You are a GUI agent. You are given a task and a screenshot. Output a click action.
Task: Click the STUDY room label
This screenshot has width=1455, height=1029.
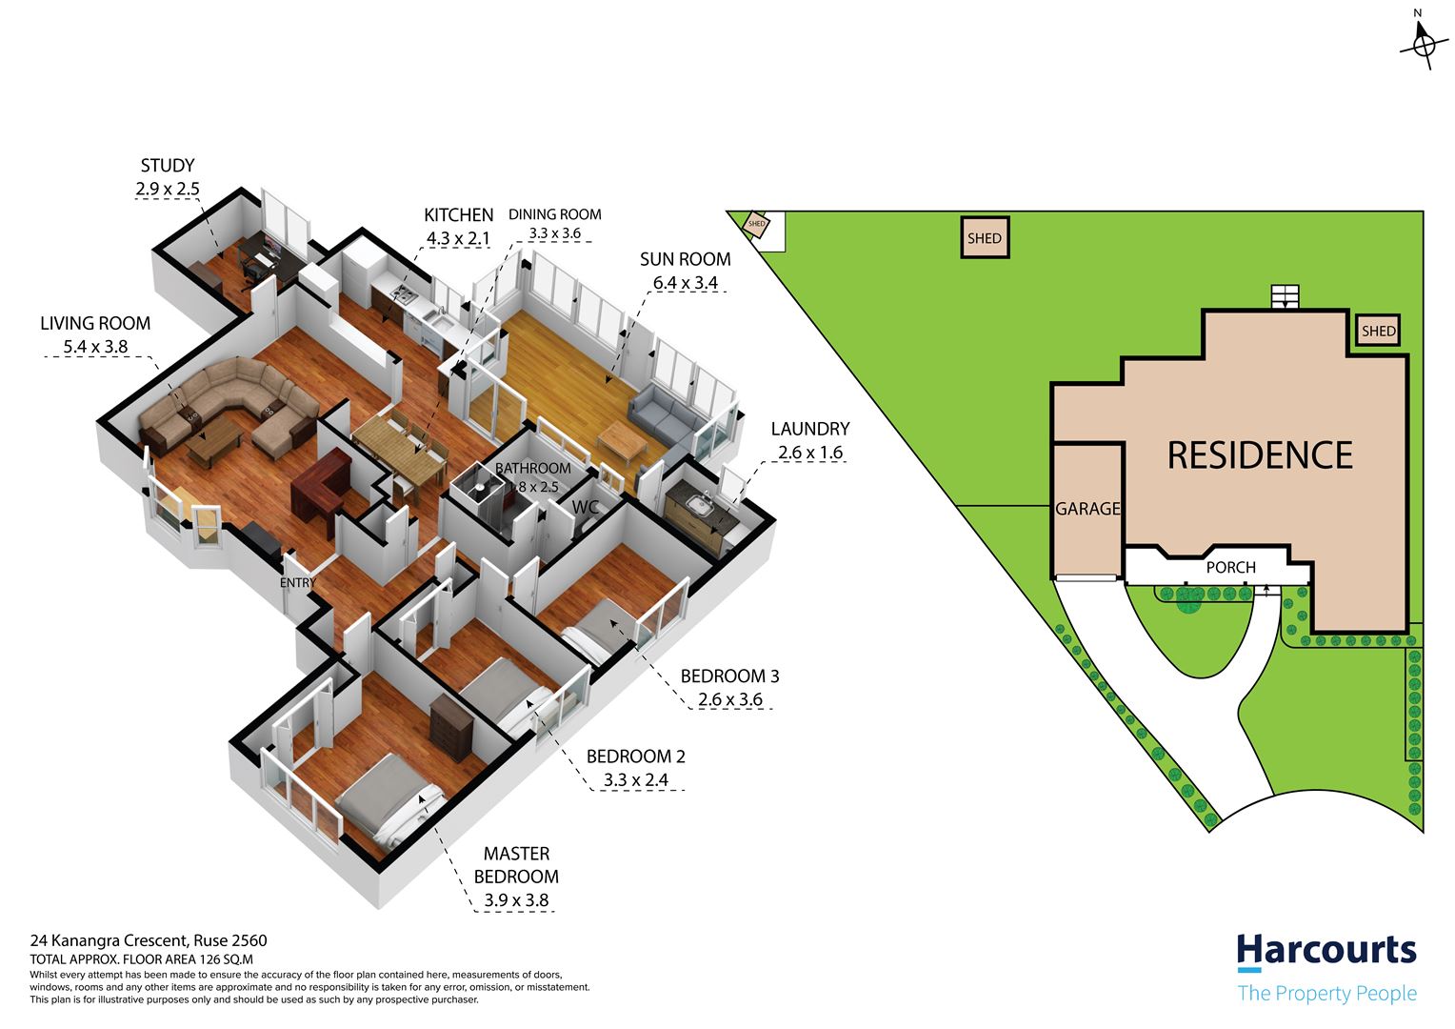coord(168,165)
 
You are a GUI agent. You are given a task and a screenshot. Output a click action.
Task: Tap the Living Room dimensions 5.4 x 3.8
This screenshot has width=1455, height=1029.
coord(95,347)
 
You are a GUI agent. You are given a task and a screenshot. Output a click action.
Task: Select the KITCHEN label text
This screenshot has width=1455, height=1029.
coord(459,215)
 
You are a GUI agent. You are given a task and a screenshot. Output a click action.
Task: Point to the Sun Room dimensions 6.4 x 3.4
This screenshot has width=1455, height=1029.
coord(686,283)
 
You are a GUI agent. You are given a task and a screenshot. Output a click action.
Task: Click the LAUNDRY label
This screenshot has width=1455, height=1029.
coord(810,429)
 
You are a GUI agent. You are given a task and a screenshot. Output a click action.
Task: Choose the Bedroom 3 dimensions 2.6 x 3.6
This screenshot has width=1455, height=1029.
coord(730,699)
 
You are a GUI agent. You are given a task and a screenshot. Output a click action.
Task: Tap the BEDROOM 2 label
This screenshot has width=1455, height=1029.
coord(635,757)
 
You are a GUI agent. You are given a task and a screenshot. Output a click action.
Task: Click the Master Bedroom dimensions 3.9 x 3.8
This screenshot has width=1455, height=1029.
coord(516,900)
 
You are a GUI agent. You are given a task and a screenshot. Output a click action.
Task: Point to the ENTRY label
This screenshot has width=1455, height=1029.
coord(297,583)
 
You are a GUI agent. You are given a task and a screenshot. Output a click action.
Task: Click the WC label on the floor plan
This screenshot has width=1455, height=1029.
coord(586,507)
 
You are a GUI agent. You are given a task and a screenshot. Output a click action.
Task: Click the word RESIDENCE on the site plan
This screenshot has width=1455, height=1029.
coord(1260,455)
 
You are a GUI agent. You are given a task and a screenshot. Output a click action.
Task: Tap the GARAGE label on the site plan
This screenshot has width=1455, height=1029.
coord(1088,509)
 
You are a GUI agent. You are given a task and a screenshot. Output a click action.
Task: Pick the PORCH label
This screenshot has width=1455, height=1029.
coord(1231,568)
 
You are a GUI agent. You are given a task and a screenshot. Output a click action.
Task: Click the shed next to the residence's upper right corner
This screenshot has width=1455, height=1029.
coord(1379,331)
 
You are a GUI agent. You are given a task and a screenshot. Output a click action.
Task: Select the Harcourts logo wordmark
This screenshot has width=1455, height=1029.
coord(1326,950)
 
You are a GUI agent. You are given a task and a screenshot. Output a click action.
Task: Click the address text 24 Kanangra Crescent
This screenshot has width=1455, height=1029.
coord(110,940)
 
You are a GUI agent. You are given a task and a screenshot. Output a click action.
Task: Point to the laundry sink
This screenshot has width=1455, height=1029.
coord(700,502)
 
